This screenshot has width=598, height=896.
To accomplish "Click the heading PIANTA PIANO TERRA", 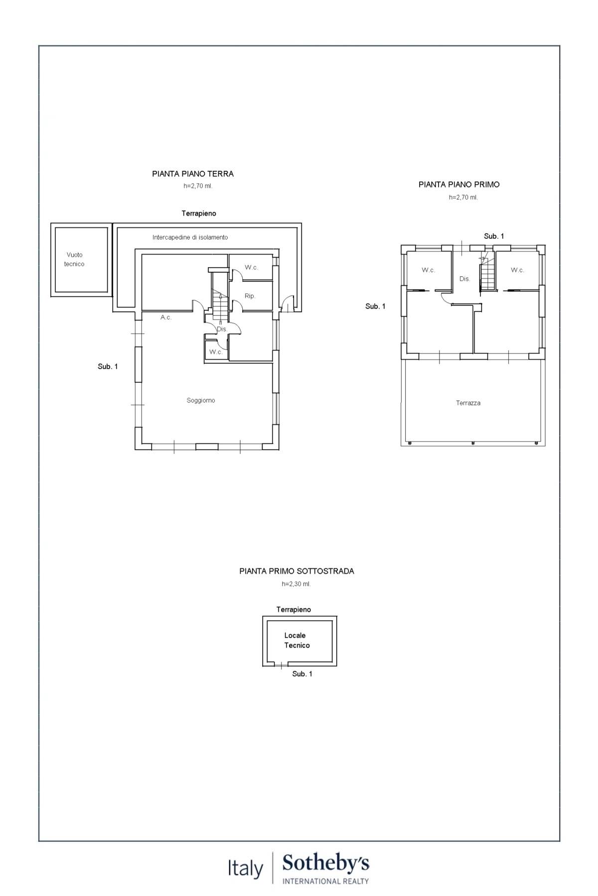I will pyautogui.click(x=193, y=174).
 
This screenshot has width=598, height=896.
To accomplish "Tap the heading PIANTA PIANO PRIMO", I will pyautogui.click(x=459, y=184).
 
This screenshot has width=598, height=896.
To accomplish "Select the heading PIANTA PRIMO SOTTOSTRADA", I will pyautogui.click(x=297, y=571).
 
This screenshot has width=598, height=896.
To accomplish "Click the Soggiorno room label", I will pyautogui.click(x=201, y=400).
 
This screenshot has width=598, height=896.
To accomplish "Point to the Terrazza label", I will pyautogui.click(x=468, y=403).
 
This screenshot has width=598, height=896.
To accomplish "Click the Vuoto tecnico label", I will pyautogui.click(x=74, y=259).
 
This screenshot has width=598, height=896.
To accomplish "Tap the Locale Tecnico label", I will pyautogui.click(x=297, y=640).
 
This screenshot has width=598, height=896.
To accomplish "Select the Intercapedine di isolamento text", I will pyautogui.click(x=190, y=237).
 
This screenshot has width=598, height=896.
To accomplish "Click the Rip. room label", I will pyautogui.click(x=250, y=296).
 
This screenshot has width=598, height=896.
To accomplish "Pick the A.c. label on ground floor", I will pyautogui.click(x=166, y=317).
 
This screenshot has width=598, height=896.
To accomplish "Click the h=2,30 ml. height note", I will pyautogui.click(x=296, y=584).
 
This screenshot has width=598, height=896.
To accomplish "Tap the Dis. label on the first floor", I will pyautogui.click(x=464, y=279).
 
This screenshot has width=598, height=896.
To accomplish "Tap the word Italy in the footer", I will pyautogui.click(x=245, y=869).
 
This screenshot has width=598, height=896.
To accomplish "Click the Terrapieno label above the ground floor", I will pyautogui.click(x=199, y=213).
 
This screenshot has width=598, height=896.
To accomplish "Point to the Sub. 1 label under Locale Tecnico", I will pyautogui.click(x=302, y=673).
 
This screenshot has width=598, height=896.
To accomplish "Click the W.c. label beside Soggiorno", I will pyautogui.click(x=215, y=352).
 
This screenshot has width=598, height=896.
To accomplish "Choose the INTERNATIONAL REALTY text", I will pyautogui.click(x=325, y=881).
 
